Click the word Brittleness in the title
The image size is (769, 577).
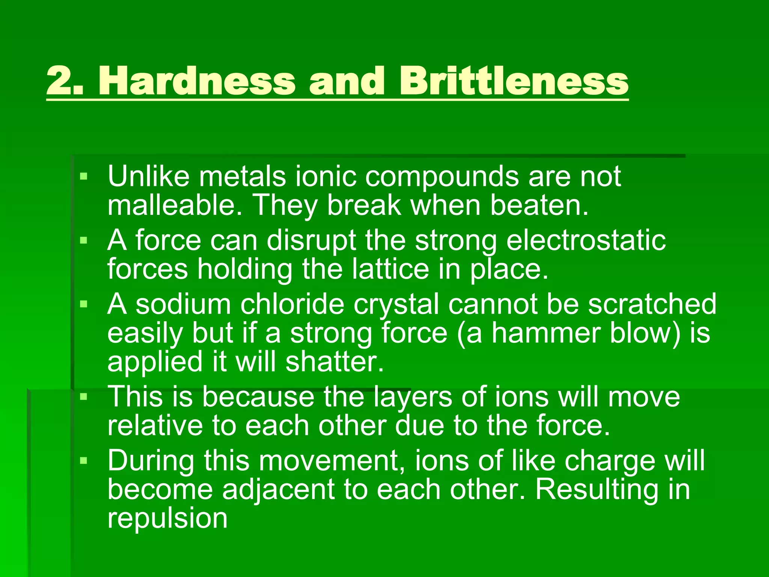pyautogui.click(x=513, y=81)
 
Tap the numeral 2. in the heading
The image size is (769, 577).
pyautogui.click(x=65, y=81)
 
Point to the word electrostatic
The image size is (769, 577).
pyautogui.click(x=586, y=240)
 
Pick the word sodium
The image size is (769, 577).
pyautogui.click(x=183, y=304)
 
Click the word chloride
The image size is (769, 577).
pyautogui.click(x=292, y=304)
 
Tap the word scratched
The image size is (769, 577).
pyautogui.click(x=652, y=304)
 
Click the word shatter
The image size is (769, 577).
pyautogui.click(x=335, y=362)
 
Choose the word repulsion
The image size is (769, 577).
pyautogui.click(x=167, y=519)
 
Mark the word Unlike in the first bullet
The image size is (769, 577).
pyautogui.click(x=149, y=176)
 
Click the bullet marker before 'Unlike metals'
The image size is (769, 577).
pyautogui.click(x=83, y=176)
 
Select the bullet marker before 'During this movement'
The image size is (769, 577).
pyautogui.click(x=83, y=460)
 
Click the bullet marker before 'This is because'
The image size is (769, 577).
pyautogui.click(x=83, y=396)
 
